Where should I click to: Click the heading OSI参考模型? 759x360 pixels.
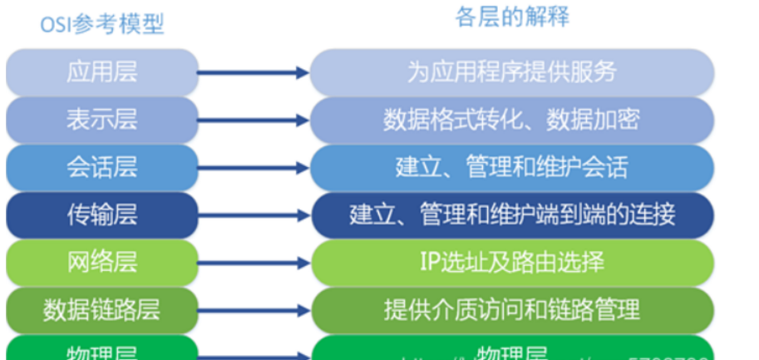coord(102,24)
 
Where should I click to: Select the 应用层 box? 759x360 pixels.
coord(102,72)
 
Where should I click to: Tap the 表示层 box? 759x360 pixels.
coord(102,120)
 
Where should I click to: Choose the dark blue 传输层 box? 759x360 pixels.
coord(102,215)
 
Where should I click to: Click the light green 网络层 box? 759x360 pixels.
coord(102,264)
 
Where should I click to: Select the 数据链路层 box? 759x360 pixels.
coord(102,311)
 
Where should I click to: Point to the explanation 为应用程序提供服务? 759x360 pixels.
coord(512,72)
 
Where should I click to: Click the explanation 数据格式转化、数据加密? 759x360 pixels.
coord(512,120)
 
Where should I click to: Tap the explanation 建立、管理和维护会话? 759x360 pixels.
coord(512,168)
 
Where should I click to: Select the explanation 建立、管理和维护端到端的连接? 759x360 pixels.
coord(512,215)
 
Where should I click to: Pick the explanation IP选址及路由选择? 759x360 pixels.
coord(512,264)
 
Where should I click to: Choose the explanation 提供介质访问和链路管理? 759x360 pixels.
coord(512,311)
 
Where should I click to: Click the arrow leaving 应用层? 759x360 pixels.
coord(254,73)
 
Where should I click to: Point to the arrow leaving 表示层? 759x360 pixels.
coord(254,121)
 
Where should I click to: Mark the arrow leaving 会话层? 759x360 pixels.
coord(254,169)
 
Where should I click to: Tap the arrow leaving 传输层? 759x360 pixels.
coord(254,216)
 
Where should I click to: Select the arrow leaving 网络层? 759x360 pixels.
coord(254,264)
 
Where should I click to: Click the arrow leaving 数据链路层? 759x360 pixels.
coord(254,312)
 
